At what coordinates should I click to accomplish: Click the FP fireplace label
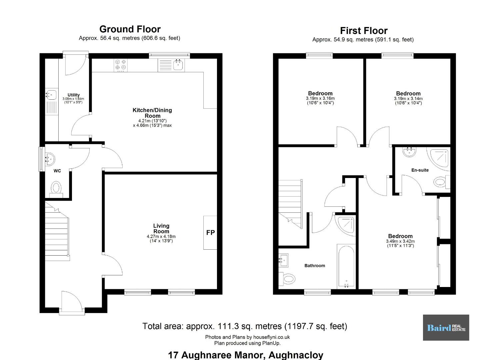pyautogui.click(x=210, y=232)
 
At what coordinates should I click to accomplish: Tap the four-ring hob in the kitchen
pyautogui.click(x=121, y=65)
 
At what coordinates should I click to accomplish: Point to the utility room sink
pyautogui.click(x=51, y=95)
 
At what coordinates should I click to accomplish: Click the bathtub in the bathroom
pyautogui.click(x=346, y=266)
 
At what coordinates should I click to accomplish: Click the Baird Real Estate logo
pyautogui.click(x=446, y=328)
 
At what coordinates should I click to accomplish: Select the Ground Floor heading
pyautogui.click(x=130, y=29)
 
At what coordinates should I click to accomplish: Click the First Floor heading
pyautogui.click(x=364, y=31)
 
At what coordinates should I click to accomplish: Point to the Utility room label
pyautogui.click(x=74, y=95)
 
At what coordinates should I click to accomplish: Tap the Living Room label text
pyautogui.click(x=161, y=229)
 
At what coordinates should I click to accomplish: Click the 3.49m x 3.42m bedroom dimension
pyautogui.click(x=400, y=241)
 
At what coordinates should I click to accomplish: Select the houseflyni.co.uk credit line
pyautogui.click(x=247, y=337)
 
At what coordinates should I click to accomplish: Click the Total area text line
pyautogui.click(x=245, y=326)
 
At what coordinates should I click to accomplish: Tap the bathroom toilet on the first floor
pyautogui.click(x=287, y=279)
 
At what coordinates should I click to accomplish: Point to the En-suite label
pyautogui.click(x=420, y=170)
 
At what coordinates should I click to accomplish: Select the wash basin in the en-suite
pyautogui.click(x=409, y=152)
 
